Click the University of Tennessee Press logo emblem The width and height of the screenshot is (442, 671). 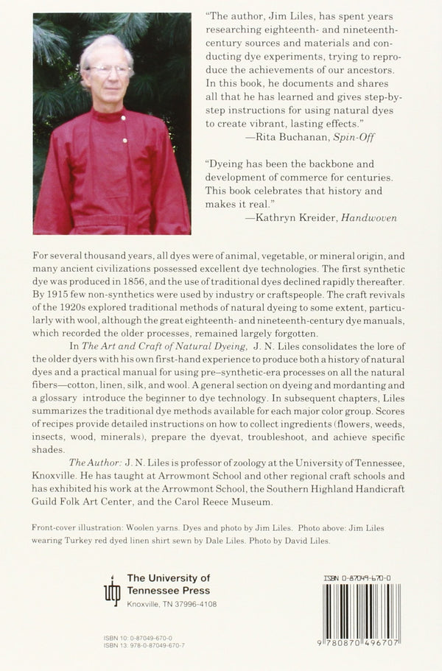111,590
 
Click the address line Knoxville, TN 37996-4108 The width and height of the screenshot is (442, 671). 171,604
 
